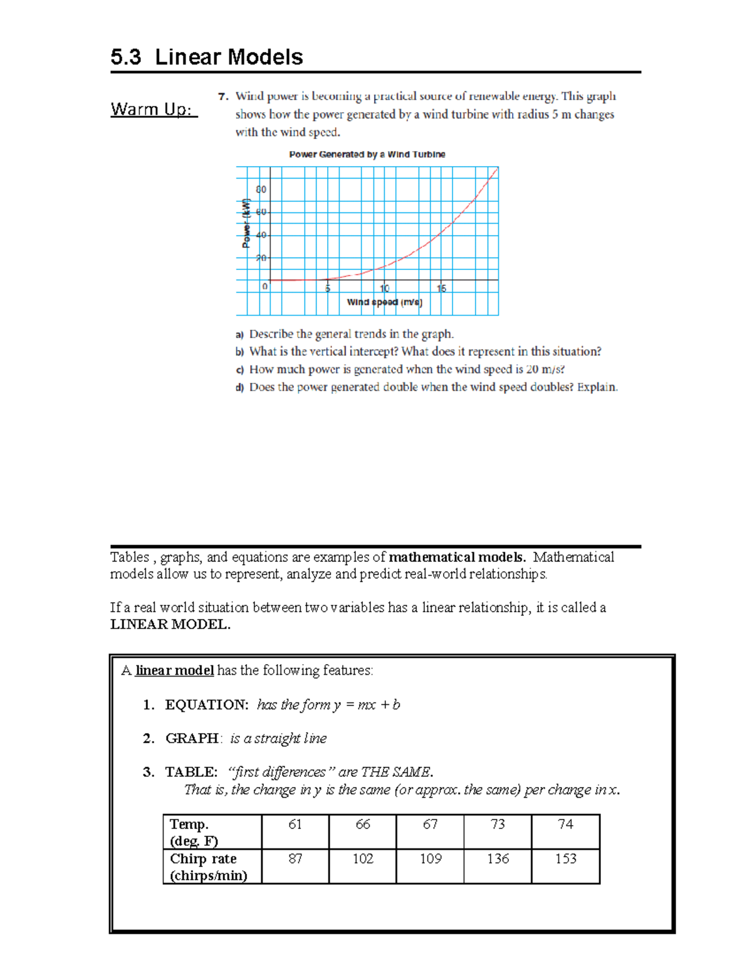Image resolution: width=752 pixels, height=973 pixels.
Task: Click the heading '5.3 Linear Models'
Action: [206, 57]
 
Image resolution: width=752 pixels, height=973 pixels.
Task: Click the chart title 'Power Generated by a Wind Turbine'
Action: [367, 154]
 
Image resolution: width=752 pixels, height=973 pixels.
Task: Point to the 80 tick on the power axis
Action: [261, 189]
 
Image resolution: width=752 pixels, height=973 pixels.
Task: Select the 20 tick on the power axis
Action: [261, 258]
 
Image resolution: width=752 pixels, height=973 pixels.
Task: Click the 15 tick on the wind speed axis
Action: [441, 288]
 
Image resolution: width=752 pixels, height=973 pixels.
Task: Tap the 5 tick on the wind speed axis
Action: [327, 288]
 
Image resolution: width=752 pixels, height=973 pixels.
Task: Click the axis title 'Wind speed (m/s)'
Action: [384, 302]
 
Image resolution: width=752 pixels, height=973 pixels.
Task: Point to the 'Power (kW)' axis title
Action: [246, 223]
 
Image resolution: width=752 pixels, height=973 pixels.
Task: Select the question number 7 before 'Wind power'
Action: [222, 96]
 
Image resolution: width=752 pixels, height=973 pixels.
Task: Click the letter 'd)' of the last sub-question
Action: [239, 388]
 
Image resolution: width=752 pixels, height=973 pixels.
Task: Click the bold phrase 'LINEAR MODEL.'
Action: [170, 624]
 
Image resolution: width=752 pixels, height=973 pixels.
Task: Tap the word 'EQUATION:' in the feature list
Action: [207, 705]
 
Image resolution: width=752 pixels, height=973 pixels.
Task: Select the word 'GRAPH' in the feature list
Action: [192, 739]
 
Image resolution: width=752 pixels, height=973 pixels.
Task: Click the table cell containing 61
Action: [295, 825]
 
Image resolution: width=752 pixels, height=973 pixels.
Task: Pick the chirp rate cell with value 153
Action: [565, 859]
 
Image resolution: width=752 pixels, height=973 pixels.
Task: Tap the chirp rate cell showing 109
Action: [431, 859]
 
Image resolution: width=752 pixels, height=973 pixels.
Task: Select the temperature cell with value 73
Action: [498, 825]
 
